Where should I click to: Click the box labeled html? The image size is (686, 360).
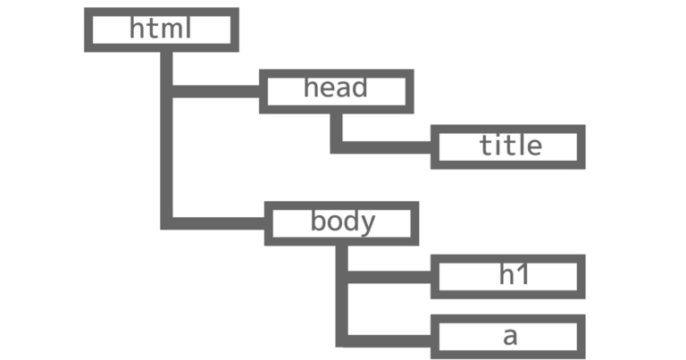162,29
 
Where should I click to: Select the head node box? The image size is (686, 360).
336,90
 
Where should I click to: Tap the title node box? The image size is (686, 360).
507,147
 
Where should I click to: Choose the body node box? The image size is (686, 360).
342,222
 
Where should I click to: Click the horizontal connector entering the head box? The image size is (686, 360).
214,90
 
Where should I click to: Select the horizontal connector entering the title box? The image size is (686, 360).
384,147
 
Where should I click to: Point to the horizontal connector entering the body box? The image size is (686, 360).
217,222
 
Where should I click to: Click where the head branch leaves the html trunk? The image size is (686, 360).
166,90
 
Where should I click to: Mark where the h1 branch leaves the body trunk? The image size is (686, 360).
341,277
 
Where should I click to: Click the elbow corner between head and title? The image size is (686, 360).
336,147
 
